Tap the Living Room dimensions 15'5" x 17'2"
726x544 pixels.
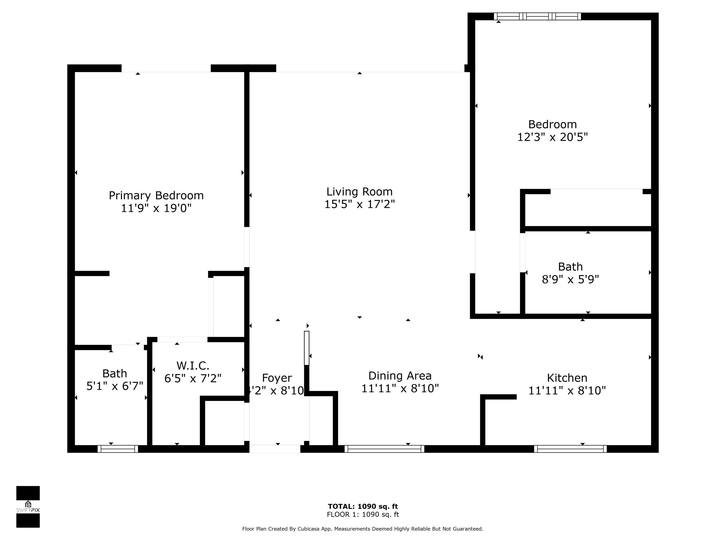tap(359, 204)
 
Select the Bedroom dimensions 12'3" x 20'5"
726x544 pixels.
tap(552, 137)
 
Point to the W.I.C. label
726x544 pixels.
tap(193, 366)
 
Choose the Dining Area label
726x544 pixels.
tap(400, 376)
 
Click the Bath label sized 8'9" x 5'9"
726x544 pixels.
tap(570, 267)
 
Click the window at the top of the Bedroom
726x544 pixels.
tap(537, 16)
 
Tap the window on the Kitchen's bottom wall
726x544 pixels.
tap(570, 449)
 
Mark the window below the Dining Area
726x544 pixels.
tap(384, 449)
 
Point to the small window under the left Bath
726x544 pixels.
tap(118, 449)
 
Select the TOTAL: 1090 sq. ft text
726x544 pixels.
tap(363, 506)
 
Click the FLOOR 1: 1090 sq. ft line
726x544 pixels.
tap(363, 515)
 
